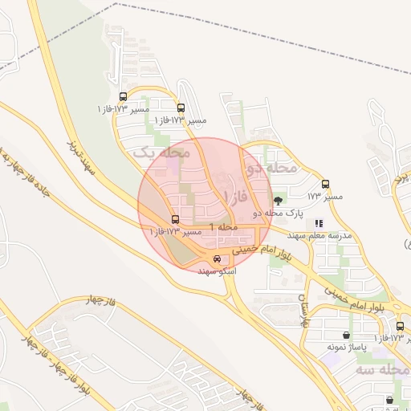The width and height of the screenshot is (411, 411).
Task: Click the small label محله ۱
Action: (x=224, y=227)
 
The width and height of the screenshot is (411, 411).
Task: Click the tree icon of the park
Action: (x=278, y=201)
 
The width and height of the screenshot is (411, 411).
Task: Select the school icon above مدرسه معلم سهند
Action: (x=319, y=224)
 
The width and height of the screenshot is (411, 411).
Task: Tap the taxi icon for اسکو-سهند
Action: (x=217, y=258)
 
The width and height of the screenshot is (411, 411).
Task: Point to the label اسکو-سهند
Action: (x=218, y=271)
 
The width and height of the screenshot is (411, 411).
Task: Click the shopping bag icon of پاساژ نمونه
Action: (x=346, y=335)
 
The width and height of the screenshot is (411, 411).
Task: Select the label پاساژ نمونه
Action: (x=347, y=347)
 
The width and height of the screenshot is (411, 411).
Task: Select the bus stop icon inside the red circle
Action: (x=175, y=219)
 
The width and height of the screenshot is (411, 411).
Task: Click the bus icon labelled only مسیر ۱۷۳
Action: (x=325, y=184)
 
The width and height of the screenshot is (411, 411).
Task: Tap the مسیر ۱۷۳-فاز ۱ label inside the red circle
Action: (x=176, y=232)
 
